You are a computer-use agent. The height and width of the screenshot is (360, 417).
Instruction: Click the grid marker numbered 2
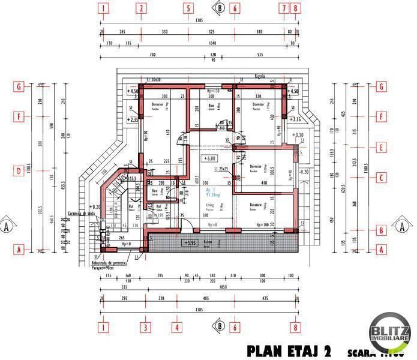click(x=142, y=8)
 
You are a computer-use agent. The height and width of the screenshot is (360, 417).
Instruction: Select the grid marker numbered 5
click(x=188, y=8)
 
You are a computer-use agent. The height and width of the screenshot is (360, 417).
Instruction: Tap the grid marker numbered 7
click(x=283, y=8)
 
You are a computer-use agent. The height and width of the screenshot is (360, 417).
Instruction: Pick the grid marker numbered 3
click(x=145, y=328)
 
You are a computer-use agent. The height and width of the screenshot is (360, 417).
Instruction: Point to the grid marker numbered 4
click(x=177, y=328)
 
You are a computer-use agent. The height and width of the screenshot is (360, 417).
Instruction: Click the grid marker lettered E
click(x=380, y=146)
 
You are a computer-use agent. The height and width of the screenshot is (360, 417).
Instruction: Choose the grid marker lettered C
click(x=380, y=178)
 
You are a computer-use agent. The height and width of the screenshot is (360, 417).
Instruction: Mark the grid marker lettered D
click(x=20, y=171)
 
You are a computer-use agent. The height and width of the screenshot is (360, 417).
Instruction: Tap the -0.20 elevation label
click(x=304, y=172)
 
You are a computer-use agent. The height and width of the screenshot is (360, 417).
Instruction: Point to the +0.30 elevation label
click(x=298, y=135)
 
